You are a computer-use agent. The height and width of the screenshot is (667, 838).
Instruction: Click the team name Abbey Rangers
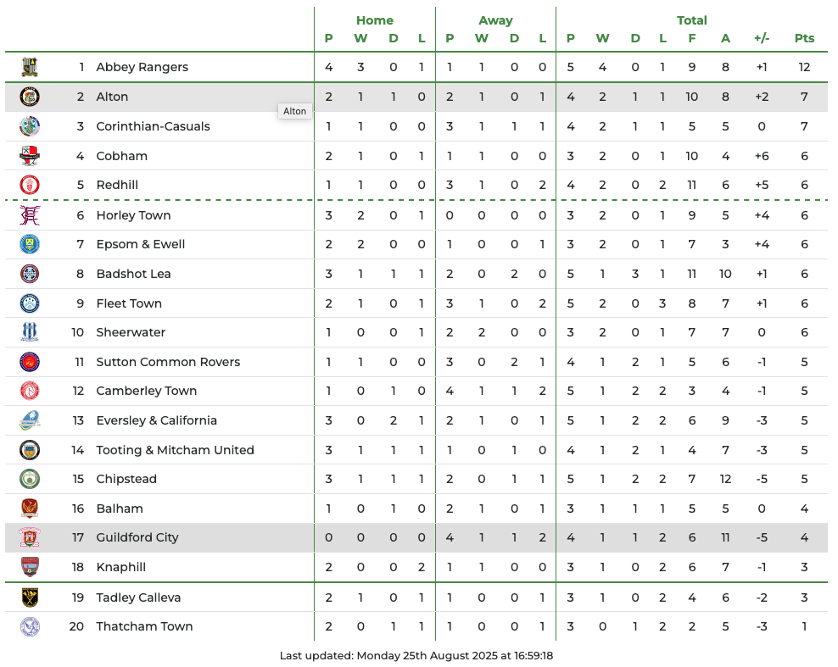(142, 67)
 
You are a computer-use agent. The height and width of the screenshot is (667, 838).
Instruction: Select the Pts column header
(804, 38)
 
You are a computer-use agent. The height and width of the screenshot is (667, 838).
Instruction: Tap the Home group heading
(374, 20)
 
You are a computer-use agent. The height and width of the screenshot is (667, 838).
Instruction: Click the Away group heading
(495, 20)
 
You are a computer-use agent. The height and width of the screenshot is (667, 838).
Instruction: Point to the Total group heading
(691, 20)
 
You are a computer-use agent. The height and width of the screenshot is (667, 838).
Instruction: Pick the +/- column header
(761, 38)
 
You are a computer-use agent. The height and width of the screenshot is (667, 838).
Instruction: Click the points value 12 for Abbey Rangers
(804, 67)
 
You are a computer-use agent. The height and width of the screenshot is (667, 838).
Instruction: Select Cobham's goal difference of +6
(761, 156)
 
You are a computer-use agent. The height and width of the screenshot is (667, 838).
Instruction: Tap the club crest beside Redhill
(30, 185)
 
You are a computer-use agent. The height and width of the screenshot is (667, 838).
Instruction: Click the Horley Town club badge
(30, 215)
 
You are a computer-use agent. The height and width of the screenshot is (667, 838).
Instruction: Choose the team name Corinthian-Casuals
(153, 126)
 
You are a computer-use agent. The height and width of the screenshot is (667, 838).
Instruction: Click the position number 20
(77, 626)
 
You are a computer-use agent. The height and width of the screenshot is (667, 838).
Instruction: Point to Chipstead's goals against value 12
(725, 479)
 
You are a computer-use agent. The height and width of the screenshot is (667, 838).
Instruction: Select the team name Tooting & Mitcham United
(175, 450)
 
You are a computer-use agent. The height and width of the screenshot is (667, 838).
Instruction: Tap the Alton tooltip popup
(294, 111)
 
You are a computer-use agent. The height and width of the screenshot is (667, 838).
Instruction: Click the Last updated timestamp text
(416, 655)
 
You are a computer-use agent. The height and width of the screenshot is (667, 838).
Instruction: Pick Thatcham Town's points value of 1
(804, 626)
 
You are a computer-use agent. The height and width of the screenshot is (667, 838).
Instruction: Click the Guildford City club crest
(30, 537)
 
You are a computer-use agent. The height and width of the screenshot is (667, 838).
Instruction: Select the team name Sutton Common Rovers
(168, 362)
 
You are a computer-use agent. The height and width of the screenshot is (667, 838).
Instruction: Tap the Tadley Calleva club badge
(30, 598)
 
